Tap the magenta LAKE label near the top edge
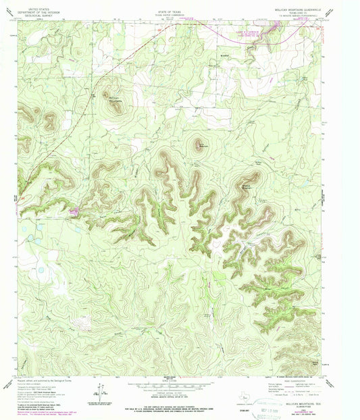(243, 32)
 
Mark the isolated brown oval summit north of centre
(199, 143)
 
